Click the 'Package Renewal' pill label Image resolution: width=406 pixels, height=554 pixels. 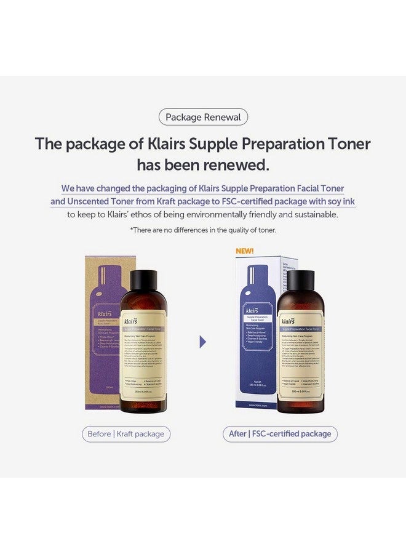[x=203, y=117]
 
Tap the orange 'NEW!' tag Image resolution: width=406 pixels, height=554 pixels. [x=244, y=251]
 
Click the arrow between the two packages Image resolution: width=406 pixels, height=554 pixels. [x=203, y=342]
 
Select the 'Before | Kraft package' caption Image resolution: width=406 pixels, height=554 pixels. [x=126, y=434]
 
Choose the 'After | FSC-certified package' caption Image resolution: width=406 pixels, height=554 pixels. [x=280, y=434]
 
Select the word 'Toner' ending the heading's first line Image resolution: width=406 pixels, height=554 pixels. [x=344, y=144]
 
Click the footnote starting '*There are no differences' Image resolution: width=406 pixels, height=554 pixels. [x=203, y=230]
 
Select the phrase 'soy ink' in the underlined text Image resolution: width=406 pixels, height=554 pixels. [x=339, y=201]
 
